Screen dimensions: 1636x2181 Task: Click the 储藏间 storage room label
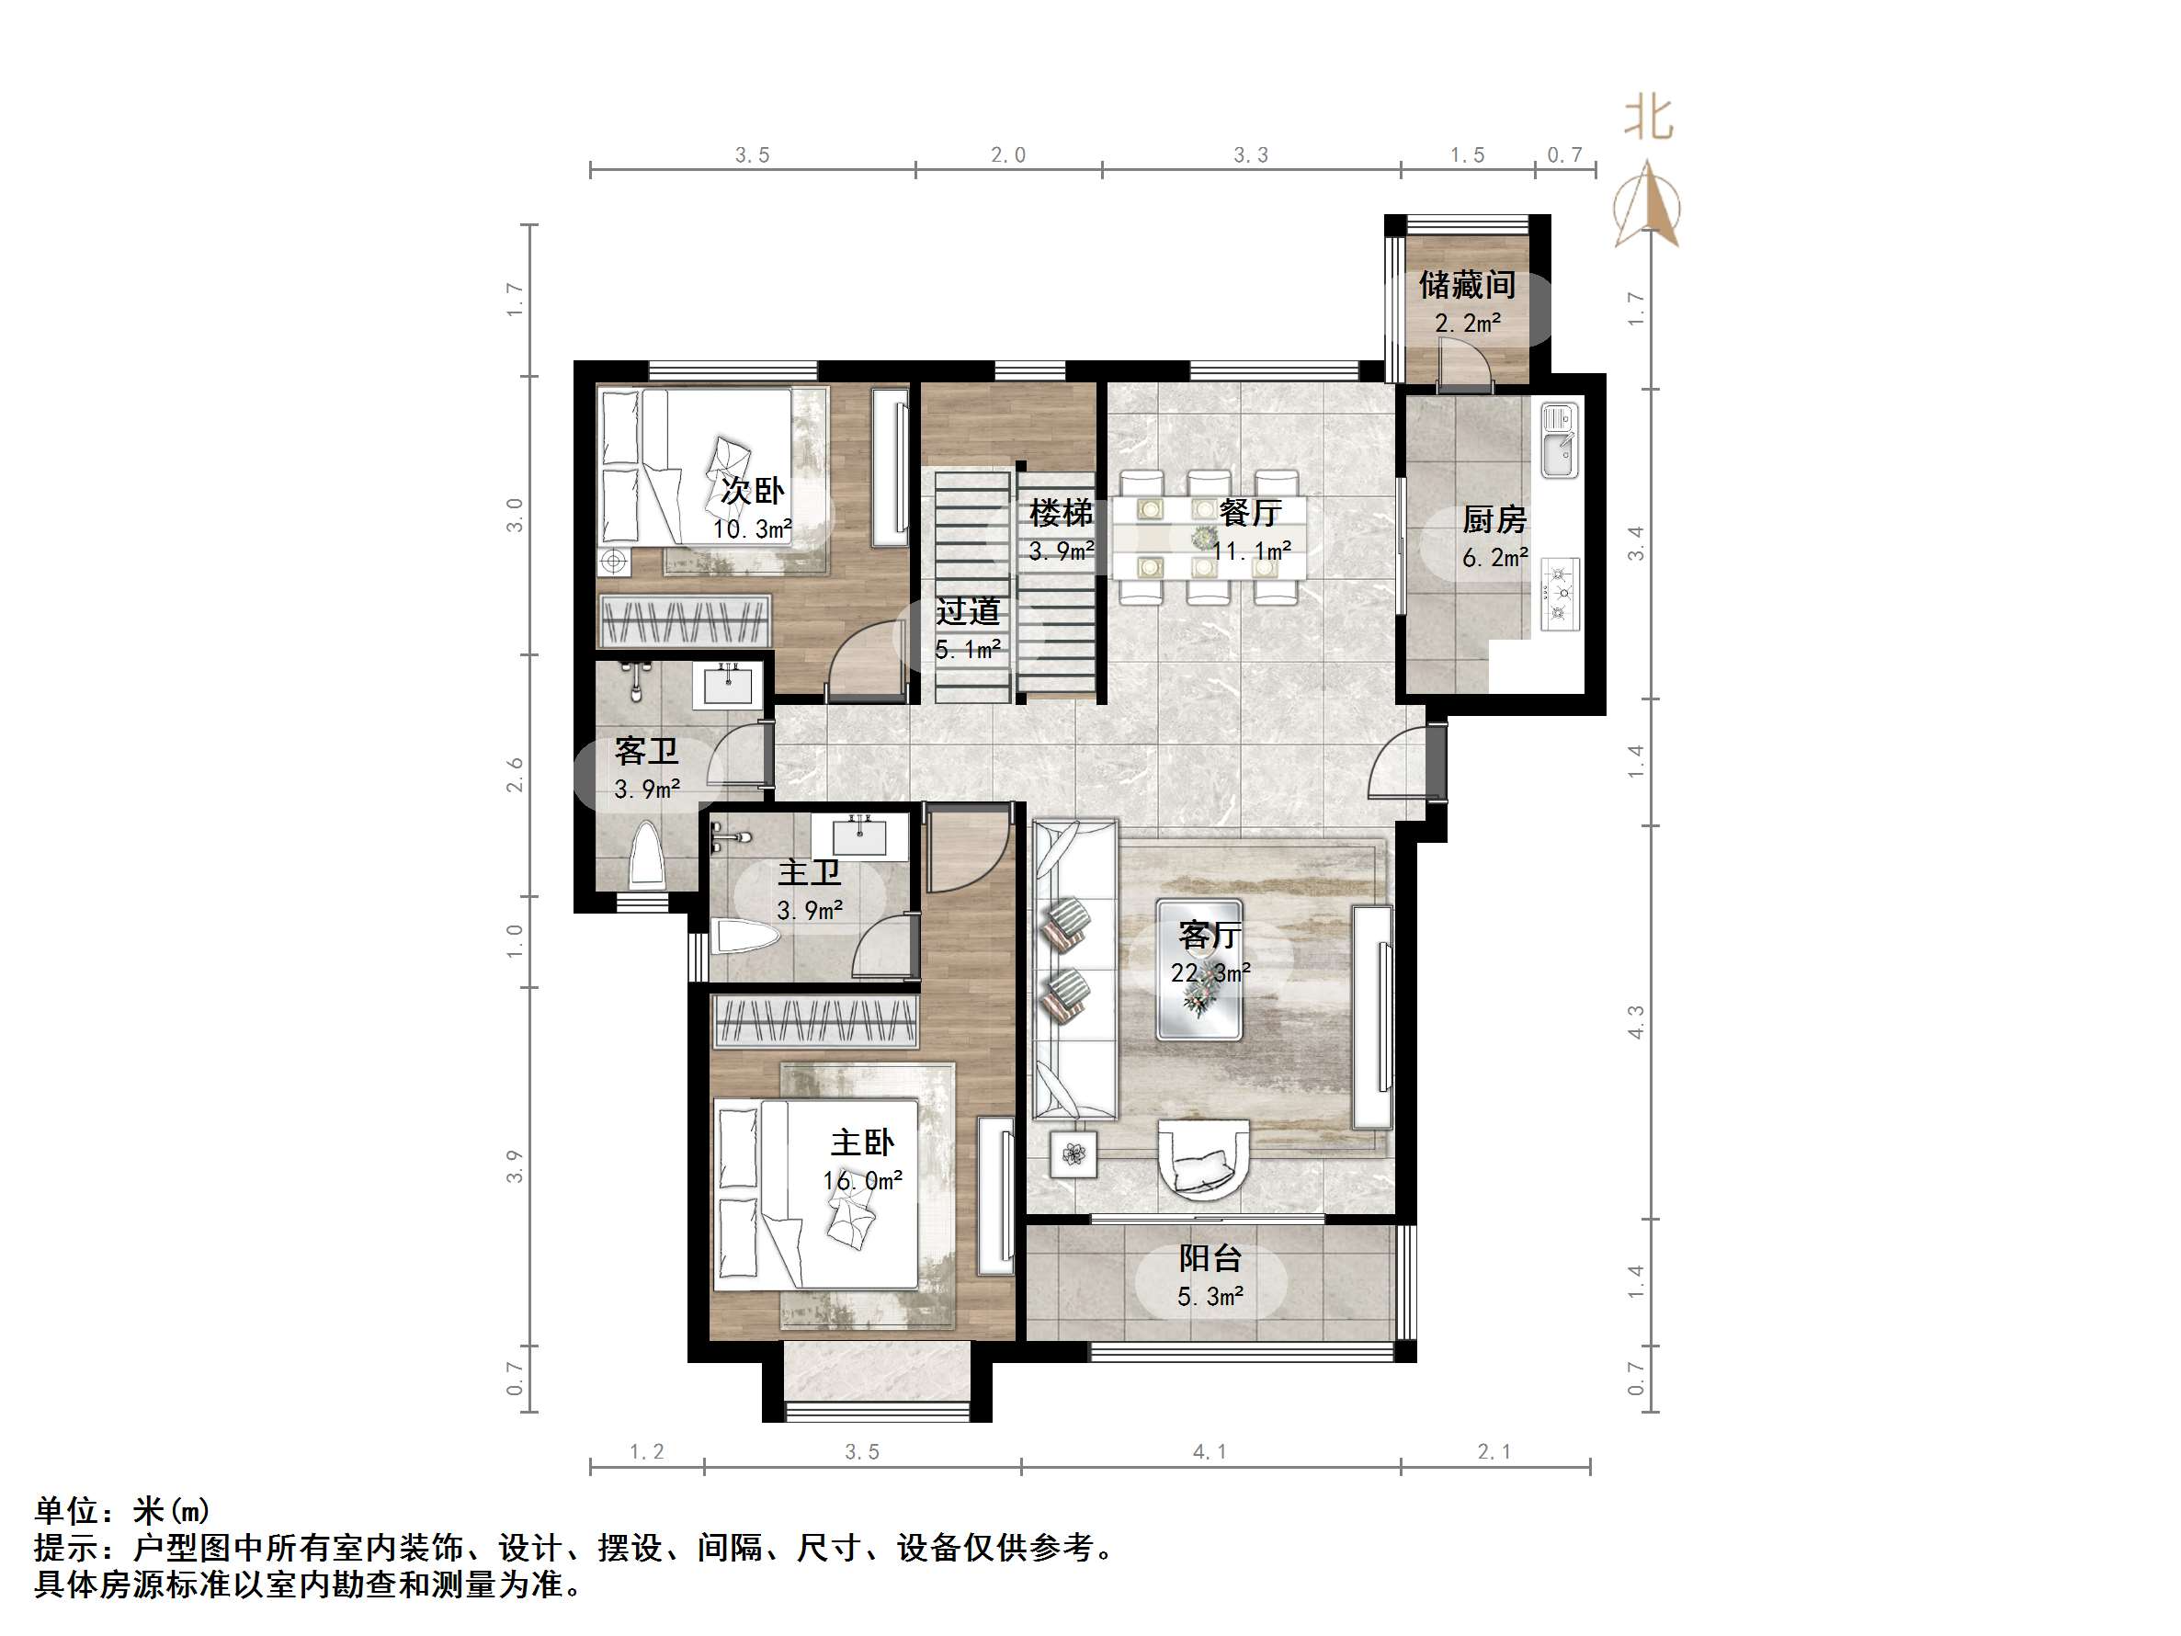[x=1466, y=285]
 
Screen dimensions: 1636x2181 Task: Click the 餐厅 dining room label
[x=1249, y=512]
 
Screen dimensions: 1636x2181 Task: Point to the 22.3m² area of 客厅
[x=1210, y=972]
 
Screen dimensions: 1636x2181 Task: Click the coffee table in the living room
[x=1198, y=969]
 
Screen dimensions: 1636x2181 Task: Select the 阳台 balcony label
[x=1210, y=1258]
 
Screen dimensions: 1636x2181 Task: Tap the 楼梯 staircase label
[x=1061, y=513]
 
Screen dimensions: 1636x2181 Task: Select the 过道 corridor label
[x=967, y=611]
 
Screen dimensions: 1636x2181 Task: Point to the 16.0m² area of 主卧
[x=863, y=1180]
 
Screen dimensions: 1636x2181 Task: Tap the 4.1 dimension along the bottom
[x=1209, y=1451]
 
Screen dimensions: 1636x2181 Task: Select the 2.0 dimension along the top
[x=1007, y=154]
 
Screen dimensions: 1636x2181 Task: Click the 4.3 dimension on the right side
[x=1636, y=1022]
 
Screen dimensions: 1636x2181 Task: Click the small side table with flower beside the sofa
[x=1073, y=1151]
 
